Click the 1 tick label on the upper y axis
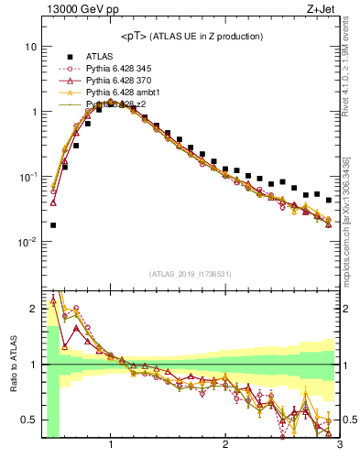(34, 112)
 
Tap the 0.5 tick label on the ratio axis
(30, 420)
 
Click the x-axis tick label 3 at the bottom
(338, 446)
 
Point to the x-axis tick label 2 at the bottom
(225, 446)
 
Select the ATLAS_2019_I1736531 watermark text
(191, 275)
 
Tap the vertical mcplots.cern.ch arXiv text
(352, 206)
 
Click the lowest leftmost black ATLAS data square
(53, 224)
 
